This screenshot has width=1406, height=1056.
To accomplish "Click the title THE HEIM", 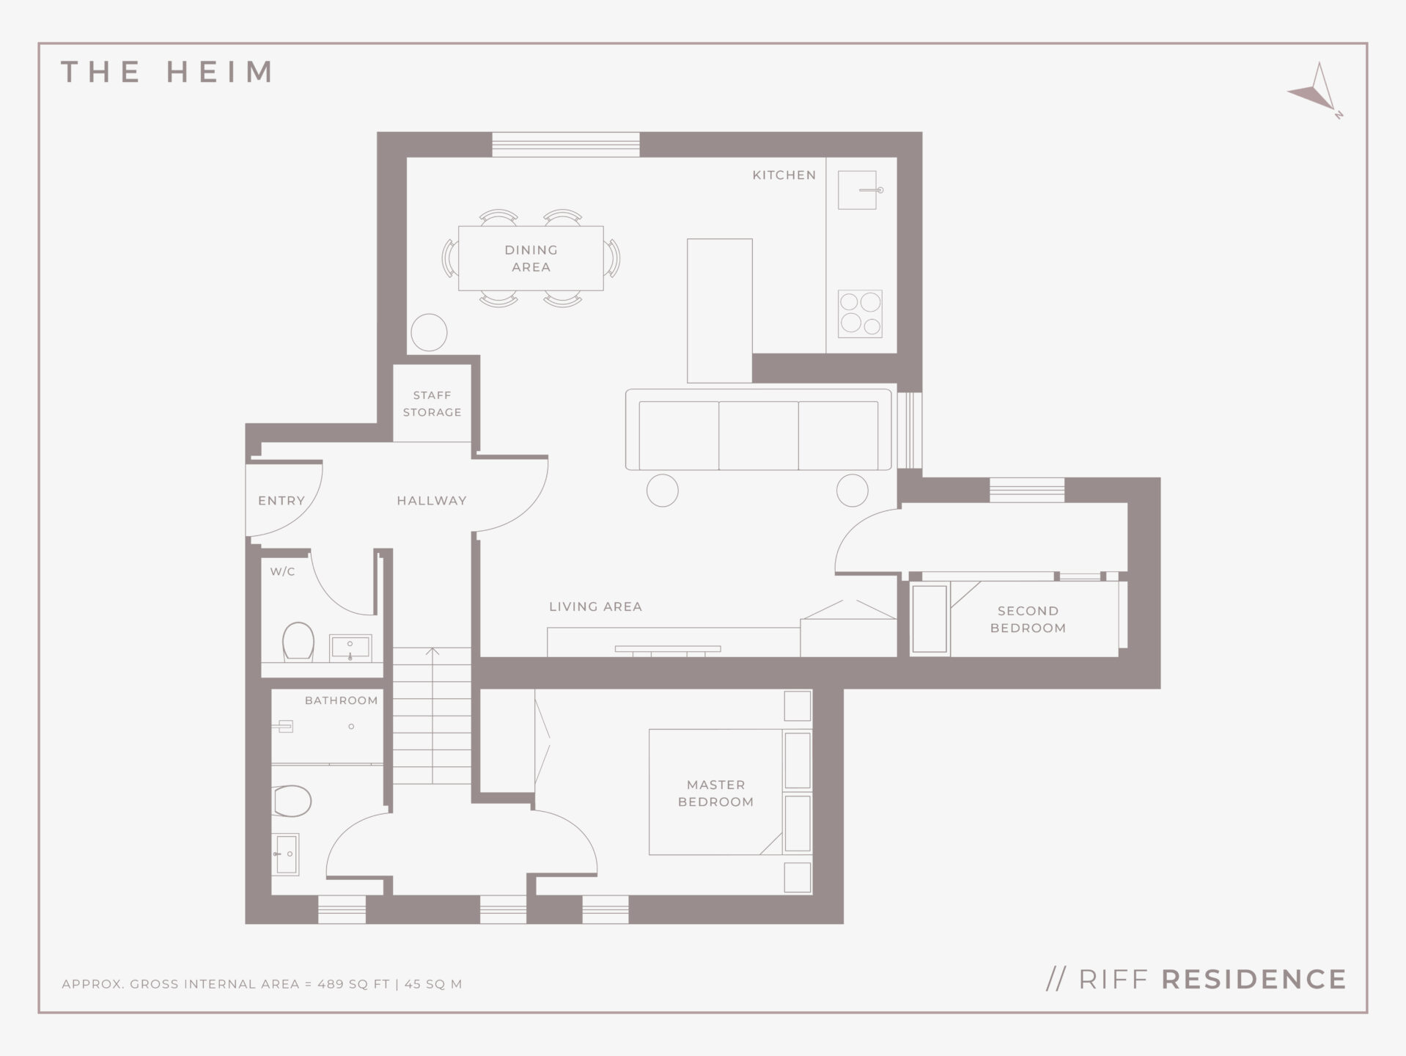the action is (x=167, y=72).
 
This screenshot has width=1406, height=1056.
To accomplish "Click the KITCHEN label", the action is (x=784, y=175).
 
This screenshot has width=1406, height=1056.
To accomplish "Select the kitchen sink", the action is (x=858, y=190).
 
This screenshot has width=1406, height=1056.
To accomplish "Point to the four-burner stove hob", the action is (x=860, y=314).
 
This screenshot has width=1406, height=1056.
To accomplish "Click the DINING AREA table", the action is (x=531, y=258).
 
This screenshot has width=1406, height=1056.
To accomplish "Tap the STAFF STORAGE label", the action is (x=432, y=403).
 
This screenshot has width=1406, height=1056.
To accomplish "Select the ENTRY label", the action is (x=281, y=501).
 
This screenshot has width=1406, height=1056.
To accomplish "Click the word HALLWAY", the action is (x=432, y=501).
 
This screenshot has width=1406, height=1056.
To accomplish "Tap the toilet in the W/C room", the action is (x=298, y=642).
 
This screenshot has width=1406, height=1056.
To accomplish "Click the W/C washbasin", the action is (x=350, y=648).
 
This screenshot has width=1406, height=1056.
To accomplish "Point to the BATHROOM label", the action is (x=341, y=700).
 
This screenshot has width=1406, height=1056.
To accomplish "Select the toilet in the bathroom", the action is (x=292, y=801).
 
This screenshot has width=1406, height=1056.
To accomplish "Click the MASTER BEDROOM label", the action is (x=715, y=793).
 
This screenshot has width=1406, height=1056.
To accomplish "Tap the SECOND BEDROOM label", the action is (x=1028, y=620).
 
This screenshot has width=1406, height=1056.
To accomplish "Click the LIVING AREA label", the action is (x=595, y=606).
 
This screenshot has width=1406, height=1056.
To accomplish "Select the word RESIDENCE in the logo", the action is (x=1254, y=980).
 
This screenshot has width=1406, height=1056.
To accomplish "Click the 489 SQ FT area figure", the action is (x=353, y=984).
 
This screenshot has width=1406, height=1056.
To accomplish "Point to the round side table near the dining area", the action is (x=429, y=332).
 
